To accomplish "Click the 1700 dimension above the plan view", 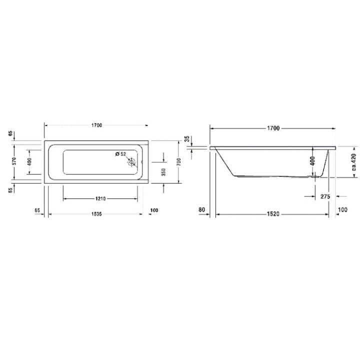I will (x=96, y=125).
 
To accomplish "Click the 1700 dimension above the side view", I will (x=272, y=128).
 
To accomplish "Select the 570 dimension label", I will (x=14, y=161).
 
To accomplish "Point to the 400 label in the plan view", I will (x=29, y=161).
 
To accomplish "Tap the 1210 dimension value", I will (x=100, y=199).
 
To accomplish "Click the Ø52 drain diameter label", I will (x=120, y=153).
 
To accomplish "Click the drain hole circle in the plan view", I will (x=131, y=162).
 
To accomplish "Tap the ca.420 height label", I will (x=354, y=162).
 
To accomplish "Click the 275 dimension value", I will (x=325, y=196).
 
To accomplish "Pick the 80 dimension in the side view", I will (x=201, y=209).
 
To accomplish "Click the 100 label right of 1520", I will (x=342, y=209).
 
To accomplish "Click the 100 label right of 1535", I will (x=153, y=210).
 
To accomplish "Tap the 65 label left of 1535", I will (x=37, y=210).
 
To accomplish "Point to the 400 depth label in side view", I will (x=312, y=161).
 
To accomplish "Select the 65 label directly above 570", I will (x=10, y=134).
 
